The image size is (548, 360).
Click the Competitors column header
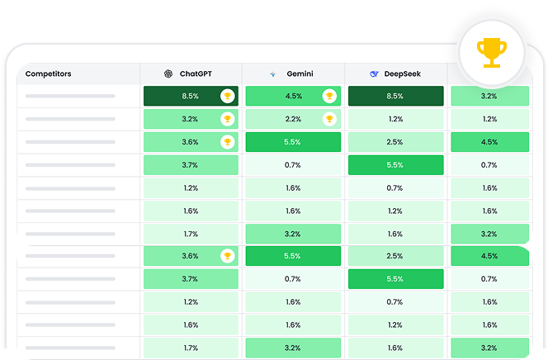pyautogui.click(x=48, y=73)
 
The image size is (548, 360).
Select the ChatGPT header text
pyautogui.click(x=196, y=73)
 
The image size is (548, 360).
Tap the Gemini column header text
pyautogui.click(x=300, y=73)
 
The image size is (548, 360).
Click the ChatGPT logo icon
pyautogui.click(x=168, y=73)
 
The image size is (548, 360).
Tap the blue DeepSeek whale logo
pyautogui.click(x=375, y=73)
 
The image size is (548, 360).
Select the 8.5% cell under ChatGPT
pyautogui.click(x=190, y=96)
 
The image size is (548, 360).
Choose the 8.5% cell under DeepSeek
pyautogui.click(x=394, y=96)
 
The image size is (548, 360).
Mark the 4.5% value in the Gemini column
pyautogui.click(x=292, y=96)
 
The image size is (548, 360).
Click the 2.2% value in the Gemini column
pyautogui.click(x=292, y=119)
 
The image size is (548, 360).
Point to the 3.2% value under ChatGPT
pyautogui.click(x=190, y=119)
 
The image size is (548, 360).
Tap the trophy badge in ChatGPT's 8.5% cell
pyautogui.click(x=227, y=96)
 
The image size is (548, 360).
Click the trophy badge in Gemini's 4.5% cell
pyautogui.click(x=329, y=96)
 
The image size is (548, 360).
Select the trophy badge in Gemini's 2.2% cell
pyautogui.click(x=329, y=119)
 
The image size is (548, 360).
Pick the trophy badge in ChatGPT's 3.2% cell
pyautogui.click(x=227, y=119)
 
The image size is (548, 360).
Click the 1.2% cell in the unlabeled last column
pyautogui.click(x=489, y=119)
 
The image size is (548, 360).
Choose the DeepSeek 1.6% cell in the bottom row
pyautogui.click(x=394, y=348)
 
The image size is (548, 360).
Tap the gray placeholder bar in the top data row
pyautogui.click(x=70, y=96)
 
